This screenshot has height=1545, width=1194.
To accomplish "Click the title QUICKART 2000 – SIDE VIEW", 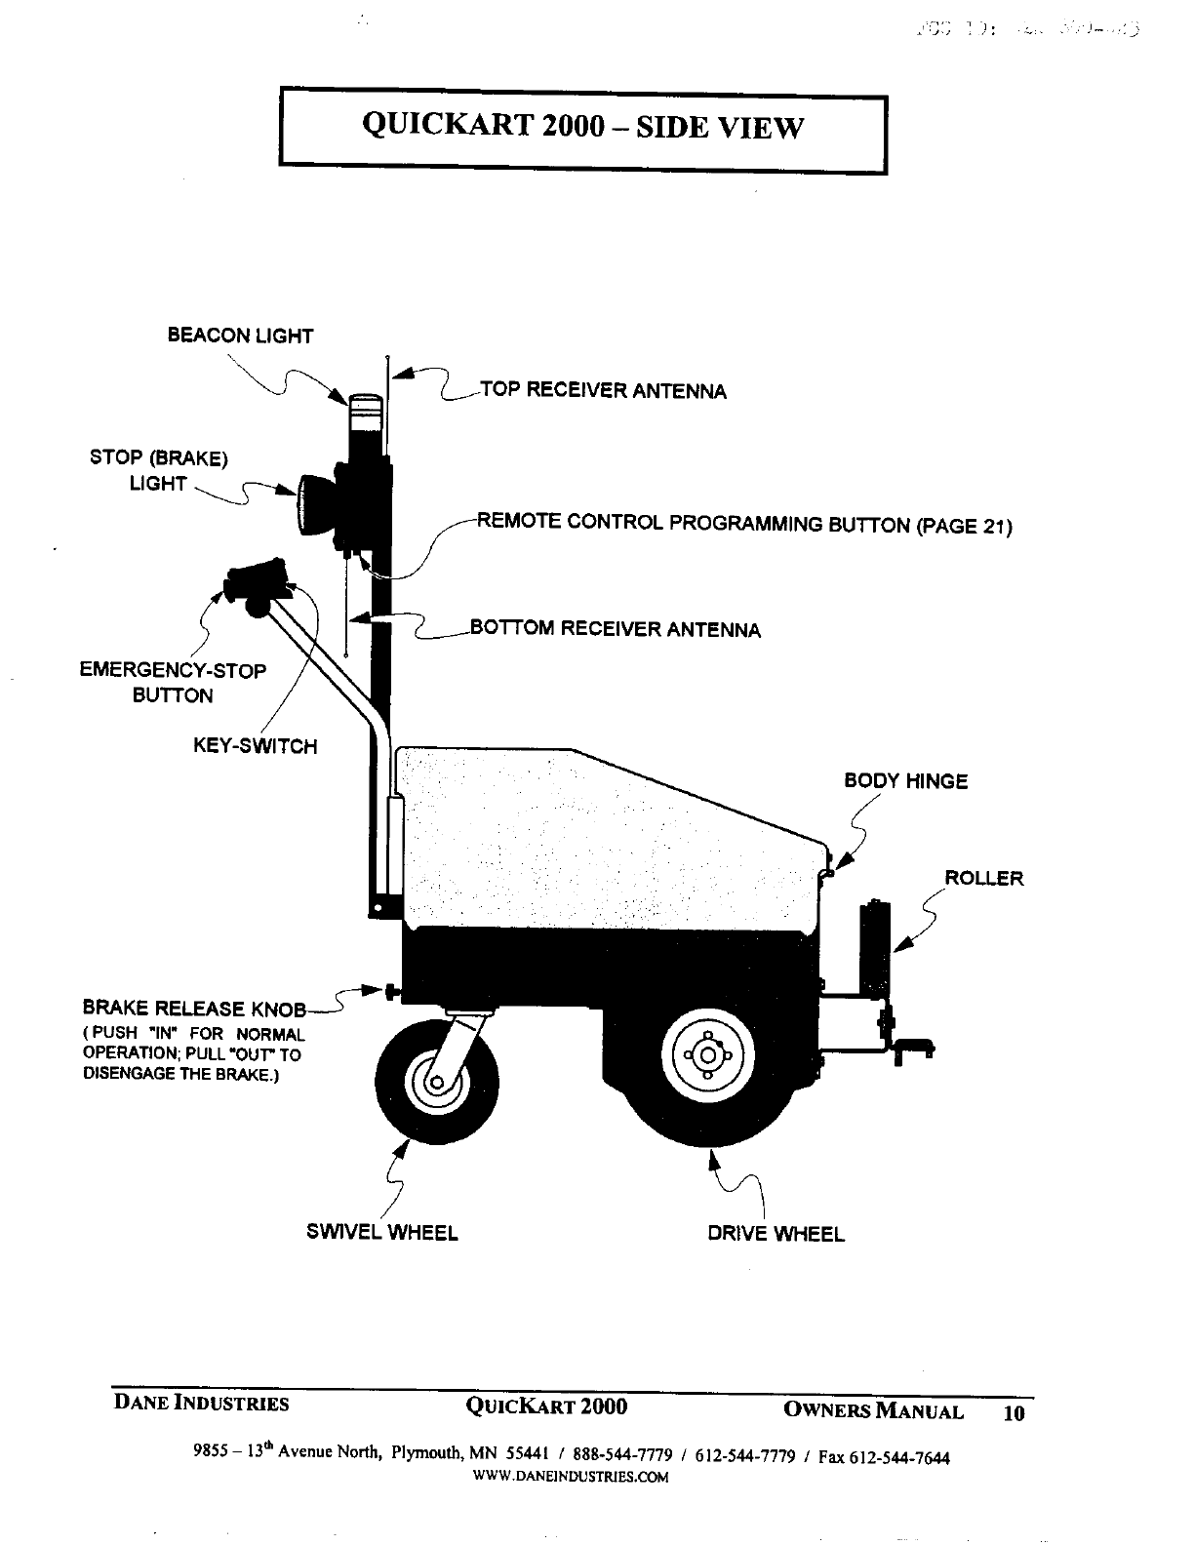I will click(582, 127).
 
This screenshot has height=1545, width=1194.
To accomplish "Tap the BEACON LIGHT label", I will click(240, 337).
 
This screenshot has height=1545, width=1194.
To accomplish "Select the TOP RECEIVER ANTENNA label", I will click(603, 391).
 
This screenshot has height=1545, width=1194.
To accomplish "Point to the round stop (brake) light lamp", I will click(314, 503).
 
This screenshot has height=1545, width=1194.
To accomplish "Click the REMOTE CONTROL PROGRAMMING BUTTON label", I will click(744, 524).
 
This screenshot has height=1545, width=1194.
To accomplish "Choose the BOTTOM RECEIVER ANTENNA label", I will click(615, 629).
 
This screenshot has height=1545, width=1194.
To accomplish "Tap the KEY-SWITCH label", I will click(255, 747).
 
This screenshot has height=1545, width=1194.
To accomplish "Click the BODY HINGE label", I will click(905, 781).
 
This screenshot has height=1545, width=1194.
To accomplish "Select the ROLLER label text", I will click(983, 878).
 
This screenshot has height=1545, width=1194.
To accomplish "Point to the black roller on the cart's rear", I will click(874, 942).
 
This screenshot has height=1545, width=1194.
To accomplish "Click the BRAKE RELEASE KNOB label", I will click(194, 1009).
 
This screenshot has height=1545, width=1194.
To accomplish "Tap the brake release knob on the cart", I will click(393, 993).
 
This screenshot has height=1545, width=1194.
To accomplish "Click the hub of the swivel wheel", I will click(436, 1083).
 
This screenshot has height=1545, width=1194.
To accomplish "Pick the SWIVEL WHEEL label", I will click(381, 1232).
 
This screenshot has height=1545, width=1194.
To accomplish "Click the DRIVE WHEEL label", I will click(776, 1234).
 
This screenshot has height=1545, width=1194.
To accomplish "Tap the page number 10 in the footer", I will click(1014, 1412).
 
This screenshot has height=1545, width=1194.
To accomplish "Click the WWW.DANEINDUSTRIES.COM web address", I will click(571, 1477).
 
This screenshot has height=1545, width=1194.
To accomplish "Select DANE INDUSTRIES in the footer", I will click(202, 1404).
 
